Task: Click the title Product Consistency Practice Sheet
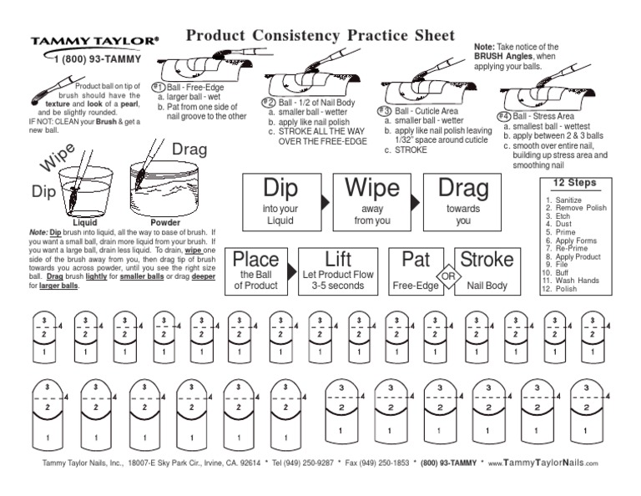click(320, 36)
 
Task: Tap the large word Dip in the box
click(280, 188)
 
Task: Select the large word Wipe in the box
click(372, 188)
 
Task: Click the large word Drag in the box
click(462, 188)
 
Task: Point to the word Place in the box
click(255, 260)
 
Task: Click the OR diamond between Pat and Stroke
click(448, 276)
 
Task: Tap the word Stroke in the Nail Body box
click(487, 260)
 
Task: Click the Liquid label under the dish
click(85, 224)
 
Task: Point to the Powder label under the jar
click(165, 224)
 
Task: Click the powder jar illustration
click(163, 192)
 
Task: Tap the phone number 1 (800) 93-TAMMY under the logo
click(93, 59)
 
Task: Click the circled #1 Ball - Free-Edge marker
click(159, 87)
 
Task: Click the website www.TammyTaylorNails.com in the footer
click(543, 462)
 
